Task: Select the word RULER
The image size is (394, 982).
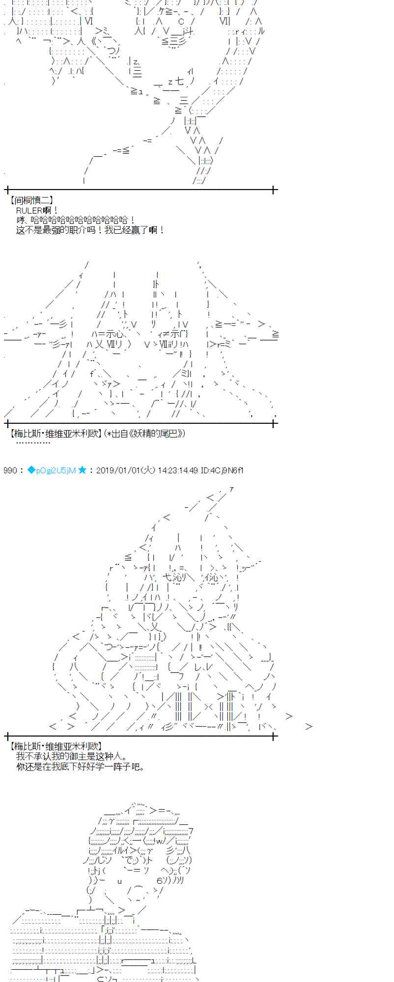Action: pyautogui.click(x=29, y=211)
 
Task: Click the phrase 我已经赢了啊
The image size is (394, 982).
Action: pyautogui.click(x=137, y=230)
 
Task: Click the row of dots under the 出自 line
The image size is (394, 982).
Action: pyautogui.click(x=33, y=442)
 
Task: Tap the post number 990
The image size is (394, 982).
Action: pyautogui.click(x=10, y=470)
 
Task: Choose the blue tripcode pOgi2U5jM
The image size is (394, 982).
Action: pyautogui.click(x=56, y=470)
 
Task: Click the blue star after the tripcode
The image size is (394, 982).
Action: pyautogui.click(x=82, y=470)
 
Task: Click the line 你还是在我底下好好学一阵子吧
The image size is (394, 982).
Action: pyautogui.click(x=81, y=766)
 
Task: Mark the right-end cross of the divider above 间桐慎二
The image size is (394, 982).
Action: pyautogui.click(x=274, y=190)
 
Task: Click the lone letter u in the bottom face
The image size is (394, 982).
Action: pyautogui.click(x=119, y=881)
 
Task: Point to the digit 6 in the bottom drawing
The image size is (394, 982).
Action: pyautogui.click(x=160, y=880)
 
